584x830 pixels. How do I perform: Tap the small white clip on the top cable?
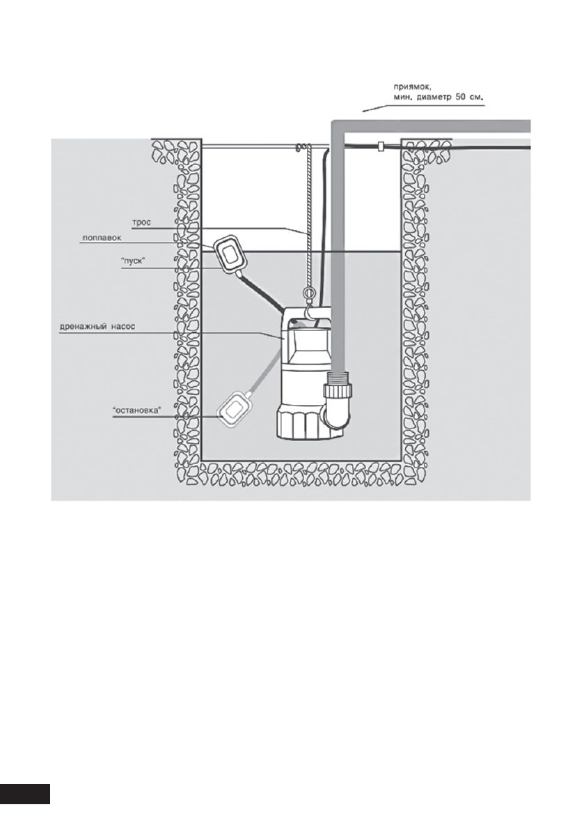point(381,148)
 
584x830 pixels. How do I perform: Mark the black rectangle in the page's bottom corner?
point(24,793)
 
